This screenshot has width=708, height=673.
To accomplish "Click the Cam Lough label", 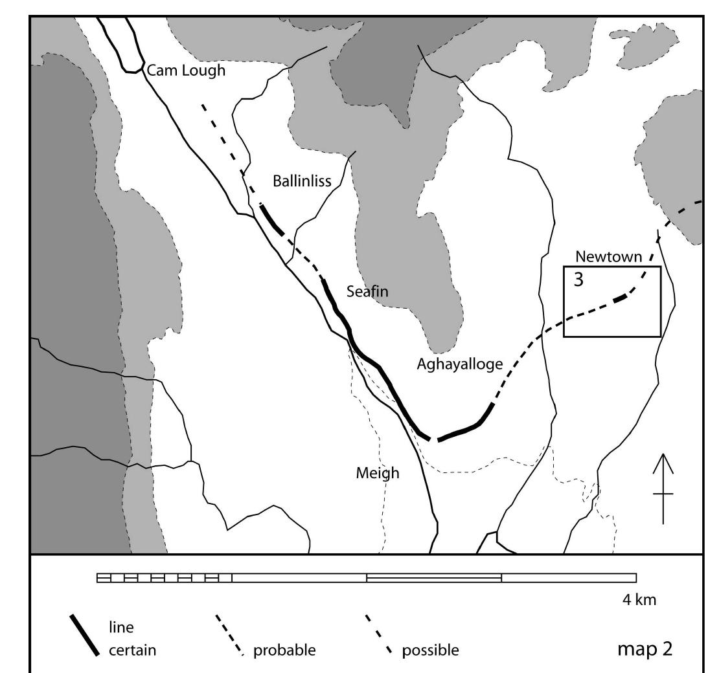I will [186, 71].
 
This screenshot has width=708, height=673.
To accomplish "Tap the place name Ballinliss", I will [302, 182].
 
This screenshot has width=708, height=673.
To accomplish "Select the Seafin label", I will [367, 292].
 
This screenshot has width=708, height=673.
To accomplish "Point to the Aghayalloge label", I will [459, 364].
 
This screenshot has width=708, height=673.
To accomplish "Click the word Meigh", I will [378, 473].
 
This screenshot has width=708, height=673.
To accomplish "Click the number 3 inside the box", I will [577, 280].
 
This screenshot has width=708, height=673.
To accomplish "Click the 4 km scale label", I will [639, 600].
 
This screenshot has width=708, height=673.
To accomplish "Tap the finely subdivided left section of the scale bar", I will [164, 578].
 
